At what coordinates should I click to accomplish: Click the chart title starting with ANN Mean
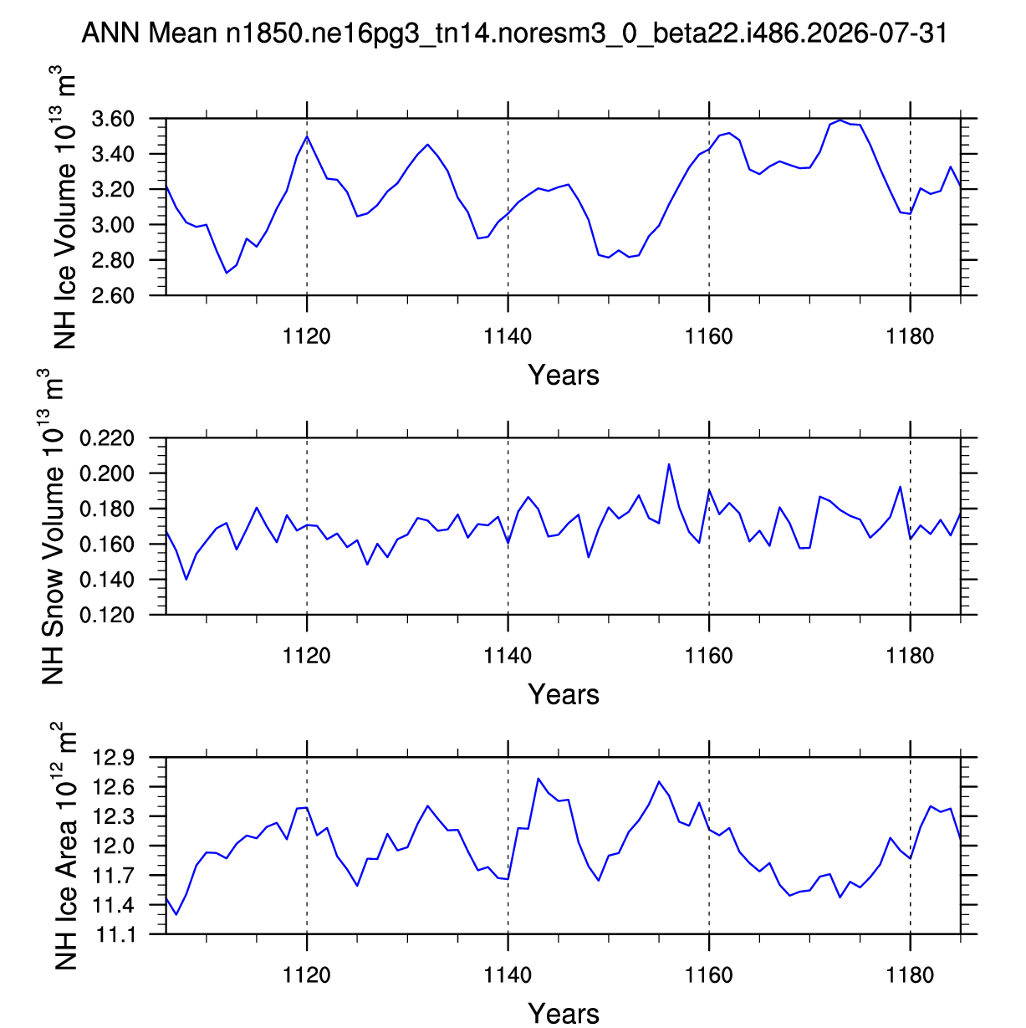coord(514,33)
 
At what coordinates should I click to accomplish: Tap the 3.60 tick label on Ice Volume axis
coord(113,119)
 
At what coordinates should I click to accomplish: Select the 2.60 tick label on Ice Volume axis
coord(113,295)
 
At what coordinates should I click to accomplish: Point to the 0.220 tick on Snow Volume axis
coord(107,438)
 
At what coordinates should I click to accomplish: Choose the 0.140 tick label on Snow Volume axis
coord(107,580)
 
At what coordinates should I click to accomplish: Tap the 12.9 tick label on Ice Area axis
coord(114,758)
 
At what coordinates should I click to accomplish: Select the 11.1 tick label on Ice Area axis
coord(114,934)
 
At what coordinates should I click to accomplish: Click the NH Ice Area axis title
coord(64,846)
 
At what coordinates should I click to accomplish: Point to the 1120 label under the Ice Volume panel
coord(306,336)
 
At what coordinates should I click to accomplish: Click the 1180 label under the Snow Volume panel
coord(911,656)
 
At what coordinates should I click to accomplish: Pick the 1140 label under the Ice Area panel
coord(508,975)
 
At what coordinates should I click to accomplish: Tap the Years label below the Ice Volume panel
coord(564,375)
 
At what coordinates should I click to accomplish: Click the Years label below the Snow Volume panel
coord(564,694)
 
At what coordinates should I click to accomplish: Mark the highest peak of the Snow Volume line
coord(668,464)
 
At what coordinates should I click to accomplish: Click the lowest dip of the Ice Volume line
coord(227,273)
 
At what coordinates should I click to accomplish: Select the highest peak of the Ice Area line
coord(538,779)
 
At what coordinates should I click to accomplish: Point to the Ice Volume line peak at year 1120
coord(307,136)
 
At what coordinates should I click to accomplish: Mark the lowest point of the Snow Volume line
coord(186,580)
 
